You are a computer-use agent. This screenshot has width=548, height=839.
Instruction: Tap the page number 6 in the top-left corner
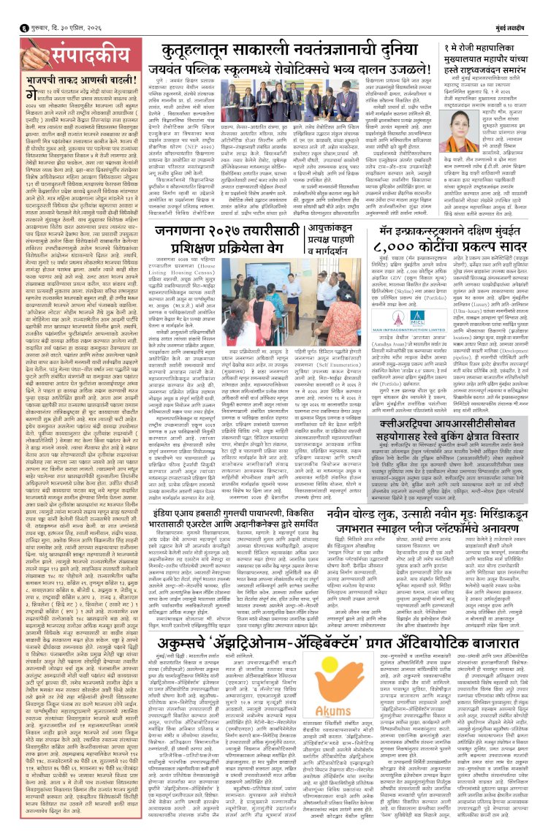[x=7, y=9]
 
